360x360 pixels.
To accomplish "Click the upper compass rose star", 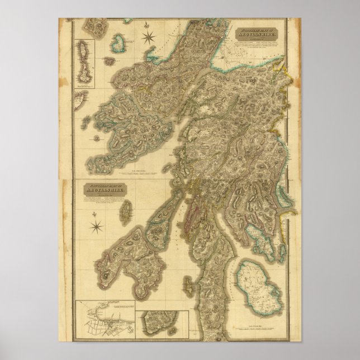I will click(x=149, y=38).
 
